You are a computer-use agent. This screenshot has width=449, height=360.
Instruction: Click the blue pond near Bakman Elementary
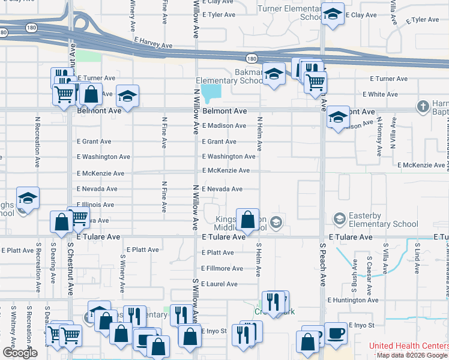coord(211,93)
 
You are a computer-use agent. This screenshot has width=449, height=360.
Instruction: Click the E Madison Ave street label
coord(224,125)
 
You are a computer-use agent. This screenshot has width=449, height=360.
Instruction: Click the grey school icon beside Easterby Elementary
coord(339,218)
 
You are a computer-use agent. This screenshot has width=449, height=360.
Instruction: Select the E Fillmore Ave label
coord(222,268)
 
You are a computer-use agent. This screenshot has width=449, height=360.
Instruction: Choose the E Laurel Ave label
coord(220,284)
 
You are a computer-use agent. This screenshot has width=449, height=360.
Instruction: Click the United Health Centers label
coord(408,346)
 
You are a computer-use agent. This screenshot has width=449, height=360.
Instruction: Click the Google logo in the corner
coord(20,353)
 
